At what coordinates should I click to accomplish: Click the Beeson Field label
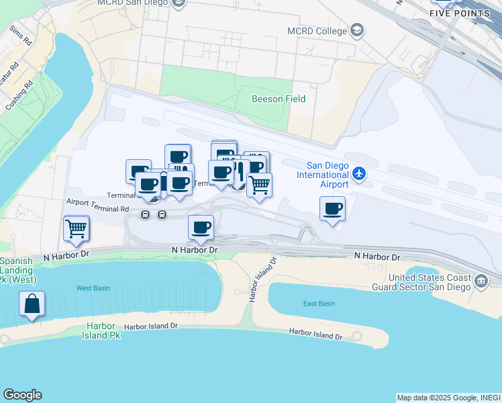click(x=278, y=99)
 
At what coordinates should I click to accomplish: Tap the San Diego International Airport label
click(x=327, y=175)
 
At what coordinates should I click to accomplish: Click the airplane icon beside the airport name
click(x=359, y=174)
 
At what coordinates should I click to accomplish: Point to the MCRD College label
click(x=317, y=31)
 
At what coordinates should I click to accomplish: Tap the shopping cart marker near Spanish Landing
click(x=77, y=228)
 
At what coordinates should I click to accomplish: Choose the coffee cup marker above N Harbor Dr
click(x=201, y=227)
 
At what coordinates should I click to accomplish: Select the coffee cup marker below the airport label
click(x=332, y=209)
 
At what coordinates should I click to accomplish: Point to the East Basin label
click(x=319, y=304)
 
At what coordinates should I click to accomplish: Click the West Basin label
click(x=93, y=288)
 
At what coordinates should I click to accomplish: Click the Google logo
click(x=22, y=395)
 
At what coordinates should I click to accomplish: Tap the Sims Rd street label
click(x=21, y=36)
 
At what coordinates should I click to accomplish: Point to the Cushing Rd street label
click(x=19, y=96)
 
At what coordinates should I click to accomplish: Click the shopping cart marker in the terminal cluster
click(x=259, y=184)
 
